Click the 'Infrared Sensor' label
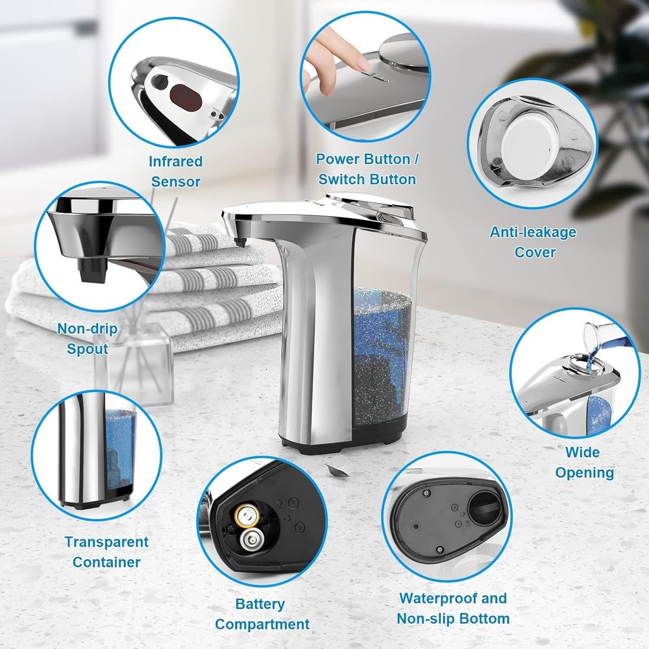click(x=175, y=171)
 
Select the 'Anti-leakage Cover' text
click(x=532, y=241)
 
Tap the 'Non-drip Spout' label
click(x=88, y=339)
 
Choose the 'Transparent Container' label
click(x=106, y=552)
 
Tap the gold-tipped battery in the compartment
click(x=246, y=515)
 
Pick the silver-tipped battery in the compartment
click(x=249, y=538)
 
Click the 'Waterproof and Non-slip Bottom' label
click(x=452, y=607)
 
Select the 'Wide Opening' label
click(x=583, y=462)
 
